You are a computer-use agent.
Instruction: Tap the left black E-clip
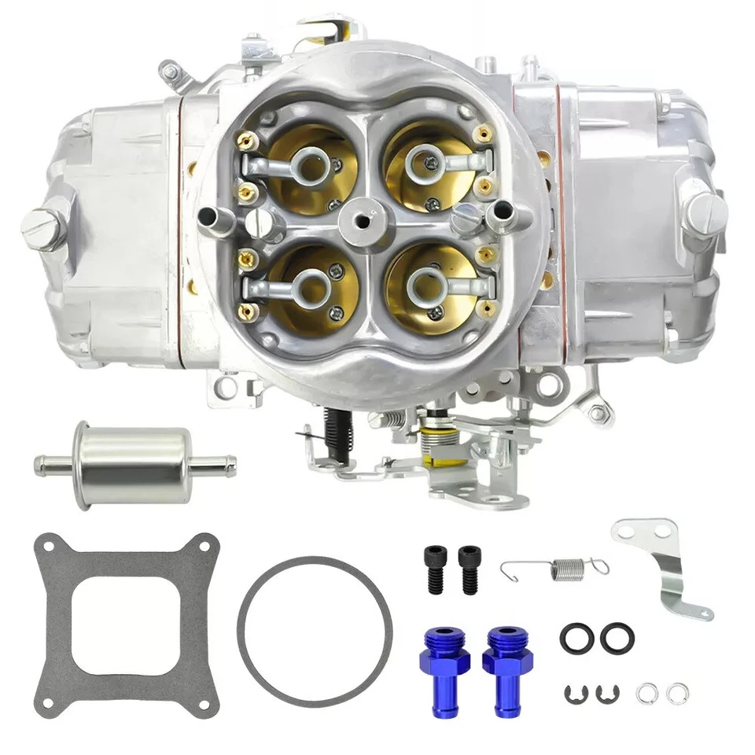pos(576,693)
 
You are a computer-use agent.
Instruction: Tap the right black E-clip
pos(607,693)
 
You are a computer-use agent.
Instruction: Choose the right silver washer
pos(675,693)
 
